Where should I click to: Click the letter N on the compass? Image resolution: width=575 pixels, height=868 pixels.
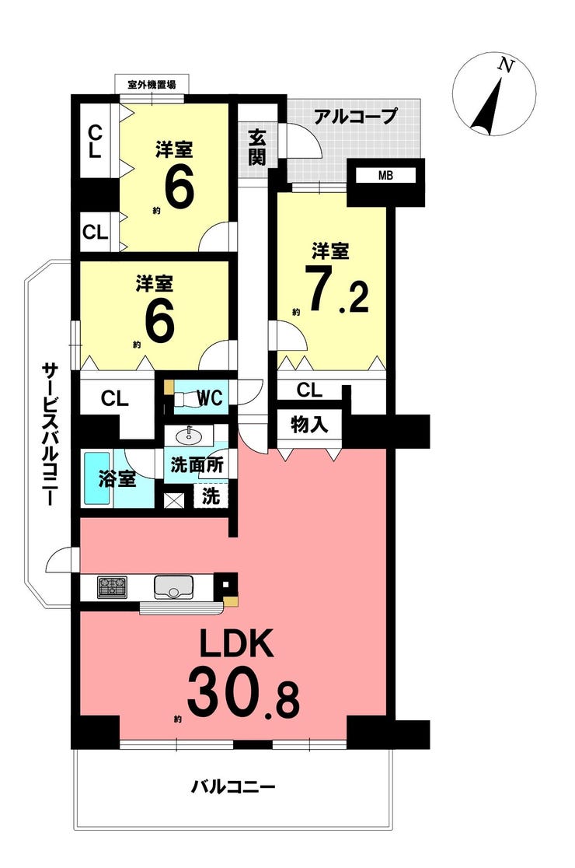click(x=505, y=65)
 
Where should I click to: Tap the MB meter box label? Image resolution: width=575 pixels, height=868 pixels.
click(x=386, y=176)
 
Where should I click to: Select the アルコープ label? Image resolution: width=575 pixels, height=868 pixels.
click(x=356, y=116)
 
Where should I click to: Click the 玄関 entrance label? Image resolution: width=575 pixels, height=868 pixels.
click(x=257, y=147)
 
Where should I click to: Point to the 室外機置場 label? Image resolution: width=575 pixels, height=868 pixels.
click(x=152, y=85)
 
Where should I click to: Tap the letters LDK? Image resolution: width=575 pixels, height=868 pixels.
click(x=236, y=644)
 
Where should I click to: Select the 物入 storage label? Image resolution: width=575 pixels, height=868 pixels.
click(x=309, y=425)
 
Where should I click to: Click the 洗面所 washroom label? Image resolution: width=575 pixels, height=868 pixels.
click(x=197, y=465)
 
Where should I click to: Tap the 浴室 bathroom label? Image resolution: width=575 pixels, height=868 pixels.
click(x=117, y=479)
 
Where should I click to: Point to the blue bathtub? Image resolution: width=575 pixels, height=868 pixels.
click(x=98, y=479)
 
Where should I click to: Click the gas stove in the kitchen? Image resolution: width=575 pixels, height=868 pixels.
click(x=112, y=586)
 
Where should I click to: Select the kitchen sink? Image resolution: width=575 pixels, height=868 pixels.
click(x=173, y=586)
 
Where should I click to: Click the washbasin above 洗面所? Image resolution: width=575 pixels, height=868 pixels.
click(x=189, y=436)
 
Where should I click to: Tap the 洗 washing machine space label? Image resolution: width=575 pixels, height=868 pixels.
click(x=210, y=496)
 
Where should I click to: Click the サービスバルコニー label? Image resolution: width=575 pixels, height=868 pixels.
click(x=51, y=433)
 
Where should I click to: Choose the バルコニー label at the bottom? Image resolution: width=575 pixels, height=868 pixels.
click(x=233, y=786)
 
